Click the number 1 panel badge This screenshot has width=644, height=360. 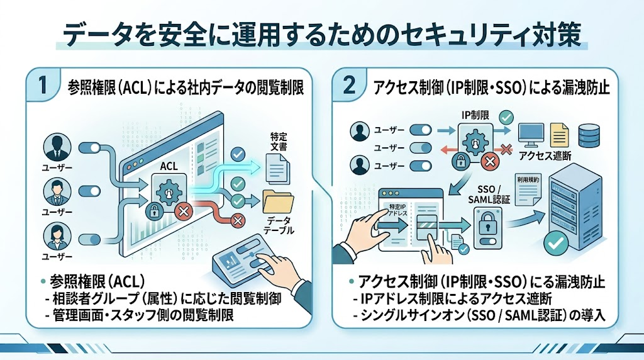(43, 85)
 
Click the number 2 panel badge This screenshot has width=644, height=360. (348, 85)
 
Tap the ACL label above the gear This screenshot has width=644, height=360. (169, 166)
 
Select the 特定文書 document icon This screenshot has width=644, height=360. (277, 167)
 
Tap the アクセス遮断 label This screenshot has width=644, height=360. (545, 155)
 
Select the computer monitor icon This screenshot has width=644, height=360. (531, 135)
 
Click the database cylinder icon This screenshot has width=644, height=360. (589, 135)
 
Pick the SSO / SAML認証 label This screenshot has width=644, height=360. (489, 194)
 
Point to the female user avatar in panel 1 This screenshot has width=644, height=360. (57, 236)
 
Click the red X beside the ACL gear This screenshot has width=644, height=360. (183, 211)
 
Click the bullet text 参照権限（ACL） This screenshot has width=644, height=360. (97, 281)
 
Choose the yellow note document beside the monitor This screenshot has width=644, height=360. (559, 135)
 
